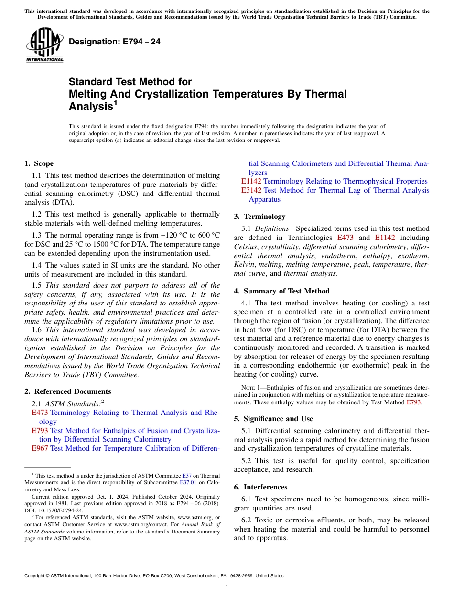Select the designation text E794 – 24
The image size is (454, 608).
click(114, 42)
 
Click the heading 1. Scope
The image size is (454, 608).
click(39, 163)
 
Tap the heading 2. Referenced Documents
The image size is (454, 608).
click(67, 391)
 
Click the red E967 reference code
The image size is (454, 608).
click(40, 448)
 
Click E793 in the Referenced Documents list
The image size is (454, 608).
click(40, 431)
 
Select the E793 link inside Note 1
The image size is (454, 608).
click(414, 402)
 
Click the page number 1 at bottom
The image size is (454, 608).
click(227, 587)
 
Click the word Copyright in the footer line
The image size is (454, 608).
click(35, 576)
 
